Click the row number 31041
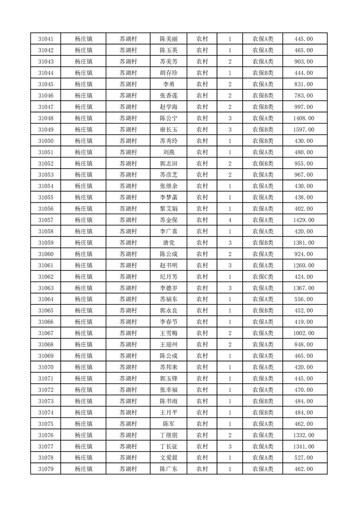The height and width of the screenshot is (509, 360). (x=46, y=39)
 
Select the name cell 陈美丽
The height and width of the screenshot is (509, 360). (x=168, y=39)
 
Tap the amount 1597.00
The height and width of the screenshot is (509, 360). (x=304, y=130)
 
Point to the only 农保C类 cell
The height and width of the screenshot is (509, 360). (x=263, y=277)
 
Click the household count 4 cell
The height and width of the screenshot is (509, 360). (x=230, y=220)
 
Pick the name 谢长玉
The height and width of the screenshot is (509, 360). (x=168, y=130)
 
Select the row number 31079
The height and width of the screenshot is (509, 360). (x=46, y=469)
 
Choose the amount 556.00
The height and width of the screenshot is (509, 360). (x=304, y=299)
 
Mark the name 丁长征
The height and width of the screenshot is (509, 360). (x=168, y=446)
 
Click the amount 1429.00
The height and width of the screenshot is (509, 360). (x=304, y=220)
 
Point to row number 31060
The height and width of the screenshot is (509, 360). (x=46, y=254)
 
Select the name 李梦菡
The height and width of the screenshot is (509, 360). (x=168, y=197)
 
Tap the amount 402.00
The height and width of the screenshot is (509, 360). (x=304, y=209)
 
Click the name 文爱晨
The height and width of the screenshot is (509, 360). (x=168, y=458)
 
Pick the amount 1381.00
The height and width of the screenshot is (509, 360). (x=304, y=243)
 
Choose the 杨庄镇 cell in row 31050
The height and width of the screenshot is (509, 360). (x=84, y=141)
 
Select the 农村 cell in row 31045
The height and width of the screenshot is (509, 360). (x=202, y=84)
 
